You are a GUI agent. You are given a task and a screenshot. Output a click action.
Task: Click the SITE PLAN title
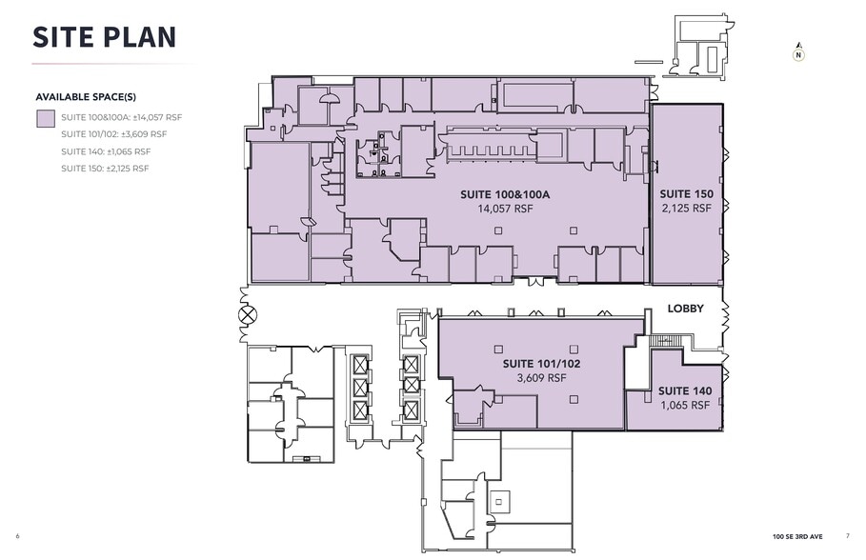tap(105, 36)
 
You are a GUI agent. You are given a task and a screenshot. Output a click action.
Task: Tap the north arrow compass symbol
tap(797, 53)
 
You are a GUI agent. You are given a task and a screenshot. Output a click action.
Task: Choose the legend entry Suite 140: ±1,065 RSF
tap(106, 151)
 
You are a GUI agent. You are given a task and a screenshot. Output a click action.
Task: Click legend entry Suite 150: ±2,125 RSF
tap(106, 169)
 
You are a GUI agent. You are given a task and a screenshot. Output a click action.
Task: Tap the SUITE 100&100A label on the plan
tap(504, 194)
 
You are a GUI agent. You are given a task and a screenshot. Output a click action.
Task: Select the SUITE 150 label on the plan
tap(686, 194)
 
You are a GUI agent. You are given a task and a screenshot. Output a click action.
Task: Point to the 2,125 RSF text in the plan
tap(686, 208)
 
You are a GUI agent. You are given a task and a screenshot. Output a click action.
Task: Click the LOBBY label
tap(685, 309)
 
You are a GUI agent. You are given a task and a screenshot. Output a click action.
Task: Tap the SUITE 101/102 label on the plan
tap(541, 364)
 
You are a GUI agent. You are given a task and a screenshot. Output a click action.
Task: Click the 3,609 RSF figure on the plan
tap(541, 377)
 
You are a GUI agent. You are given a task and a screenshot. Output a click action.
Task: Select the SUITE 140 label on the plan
tap(685, 391)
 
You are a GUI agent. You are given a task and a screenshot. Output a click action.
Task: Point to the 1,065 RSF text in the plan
tap(685, 405)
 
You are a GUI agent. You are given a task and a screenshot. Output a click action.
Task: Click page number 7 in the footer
tap(847, 536)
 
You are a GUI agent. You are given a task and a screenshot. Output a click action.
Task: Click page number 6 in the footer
tap(18, 536)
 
